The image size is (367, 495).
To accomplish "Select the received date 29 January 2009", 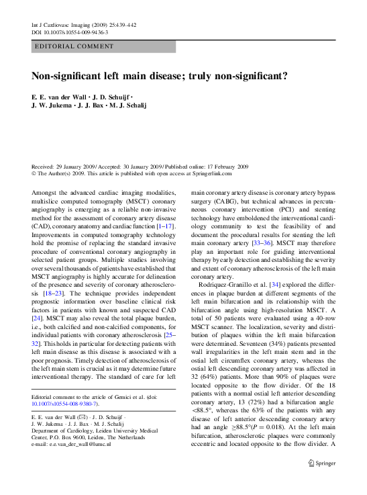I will point(76,166).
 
